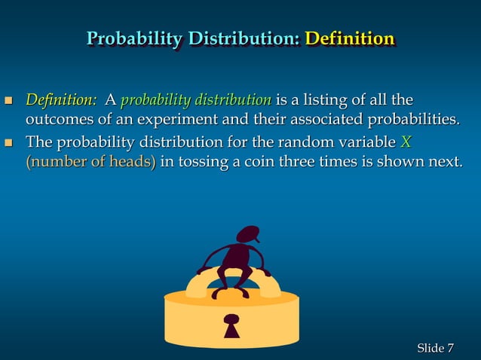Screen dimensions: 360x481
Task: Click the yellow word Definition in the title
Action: tap(349, 38)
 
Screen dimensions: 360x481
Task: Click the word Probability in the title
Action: tap(134, 38)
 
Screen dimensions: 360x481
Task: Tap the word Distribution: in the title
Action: tap(244, 38)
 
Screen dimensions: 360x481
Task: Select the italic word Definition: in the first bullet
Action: tap(61, 99)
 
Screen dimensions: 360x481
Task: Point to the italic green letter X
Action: tap(406, 142)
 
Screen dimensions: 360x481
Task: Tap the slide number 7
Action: tap(451, 347)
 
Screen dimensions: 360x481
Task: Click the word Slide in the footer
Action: tap(430, 347)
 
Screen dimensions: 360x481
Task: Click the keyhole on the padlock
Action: tap(231, 325)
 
